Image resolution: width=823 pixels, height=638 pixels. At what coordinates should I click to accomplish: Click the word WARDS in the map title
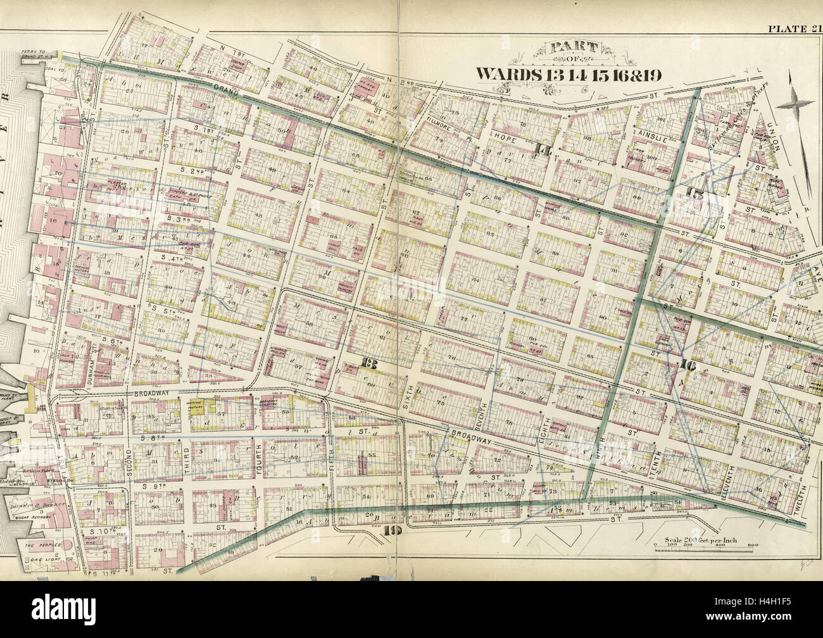tap(509, 73)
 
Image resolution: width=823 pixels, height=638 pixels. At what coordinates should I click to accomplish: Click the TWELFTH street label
tap(802, 504)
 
